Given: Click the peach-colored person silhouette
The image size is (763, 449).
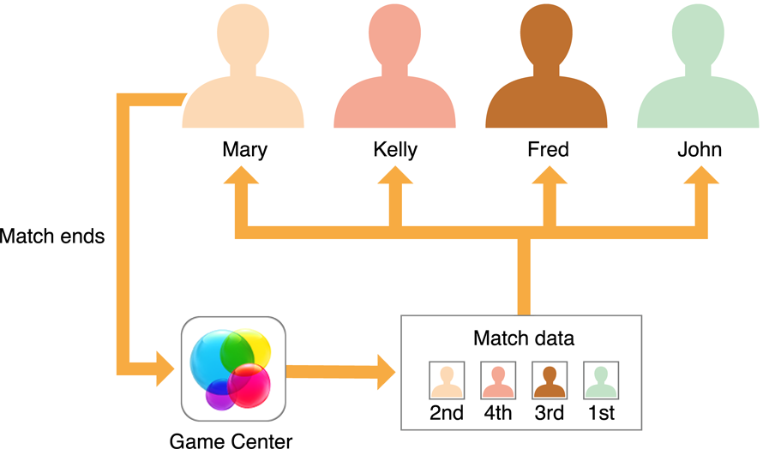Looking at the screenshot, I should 243,77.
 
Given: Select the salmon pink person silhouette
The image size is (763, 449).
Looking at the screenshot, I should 394,77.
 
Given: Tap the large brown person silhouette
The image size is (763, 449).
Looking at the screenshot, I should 546,77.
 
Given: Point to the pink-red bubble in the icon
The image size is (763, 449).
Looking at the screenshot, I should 249,386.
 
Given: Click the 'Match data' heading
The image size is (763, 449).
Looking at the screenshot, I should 523,338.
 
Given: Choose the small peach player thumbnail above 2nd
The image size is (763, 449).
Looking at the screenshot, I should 447,379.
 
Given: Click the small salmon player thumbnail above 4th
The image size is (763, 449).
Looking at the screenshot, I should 498,379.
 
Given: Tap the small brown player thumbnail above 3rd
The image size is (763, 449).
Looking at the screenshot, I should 550,379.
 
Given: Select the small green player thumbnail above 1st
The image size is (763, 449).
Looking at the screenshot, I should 601,379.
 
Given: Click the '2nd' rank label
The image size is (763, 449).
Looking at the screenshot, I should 447,413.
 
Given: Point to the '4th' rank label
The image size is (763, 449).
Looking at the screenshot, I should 498,413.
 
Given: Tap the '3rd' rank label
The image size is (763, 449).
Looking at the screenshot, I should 550,413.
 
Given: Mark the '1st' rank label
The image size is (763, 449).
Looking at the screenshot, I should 601,413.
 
